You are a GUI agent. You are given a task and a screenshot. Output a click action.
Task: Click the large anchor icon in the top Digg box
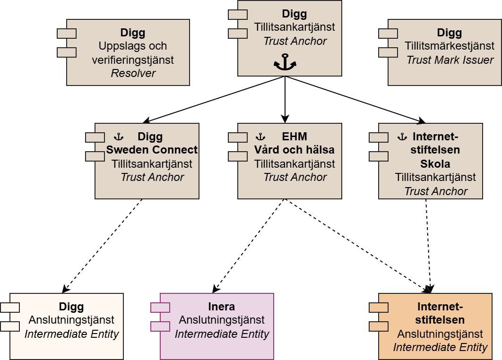[x=285, y=63]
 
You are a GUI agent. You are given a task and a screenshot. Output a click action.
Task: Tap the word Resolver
[x=133, y=73]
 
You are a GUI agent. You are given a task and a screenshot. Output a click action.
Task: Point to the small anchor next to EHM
[x=260, y=137]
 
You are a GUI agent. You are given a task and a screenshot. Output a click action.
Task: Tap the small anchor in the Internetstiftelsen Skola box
[x=402, y=137]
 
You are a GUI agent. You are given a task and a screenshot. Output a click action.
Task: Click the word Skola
[x=435, y=164]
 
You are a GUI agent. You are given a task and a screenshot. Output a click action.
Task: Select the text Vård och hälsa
[x=294, y=150]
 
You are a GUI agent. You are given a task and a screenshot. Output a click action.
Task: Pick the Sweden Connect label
[x=152, y=150]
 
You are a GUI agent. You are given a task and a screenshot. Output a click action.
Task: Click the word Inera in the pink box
[x=221, y=306]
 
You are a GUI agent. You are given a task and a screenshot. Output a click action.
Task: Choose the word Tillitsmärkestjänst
[x=450, y=46]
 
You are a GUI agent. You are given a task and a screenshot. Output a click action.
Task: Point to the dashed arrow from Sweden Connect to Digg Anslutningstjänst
[x=103, y=246]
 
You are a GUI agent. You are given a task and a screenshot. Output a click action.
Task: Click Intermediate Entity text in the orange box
[x=440, y=348]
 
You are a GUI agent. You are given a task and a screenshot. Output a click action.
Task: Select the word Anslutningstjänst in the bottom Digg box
[x=71, y=320]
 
